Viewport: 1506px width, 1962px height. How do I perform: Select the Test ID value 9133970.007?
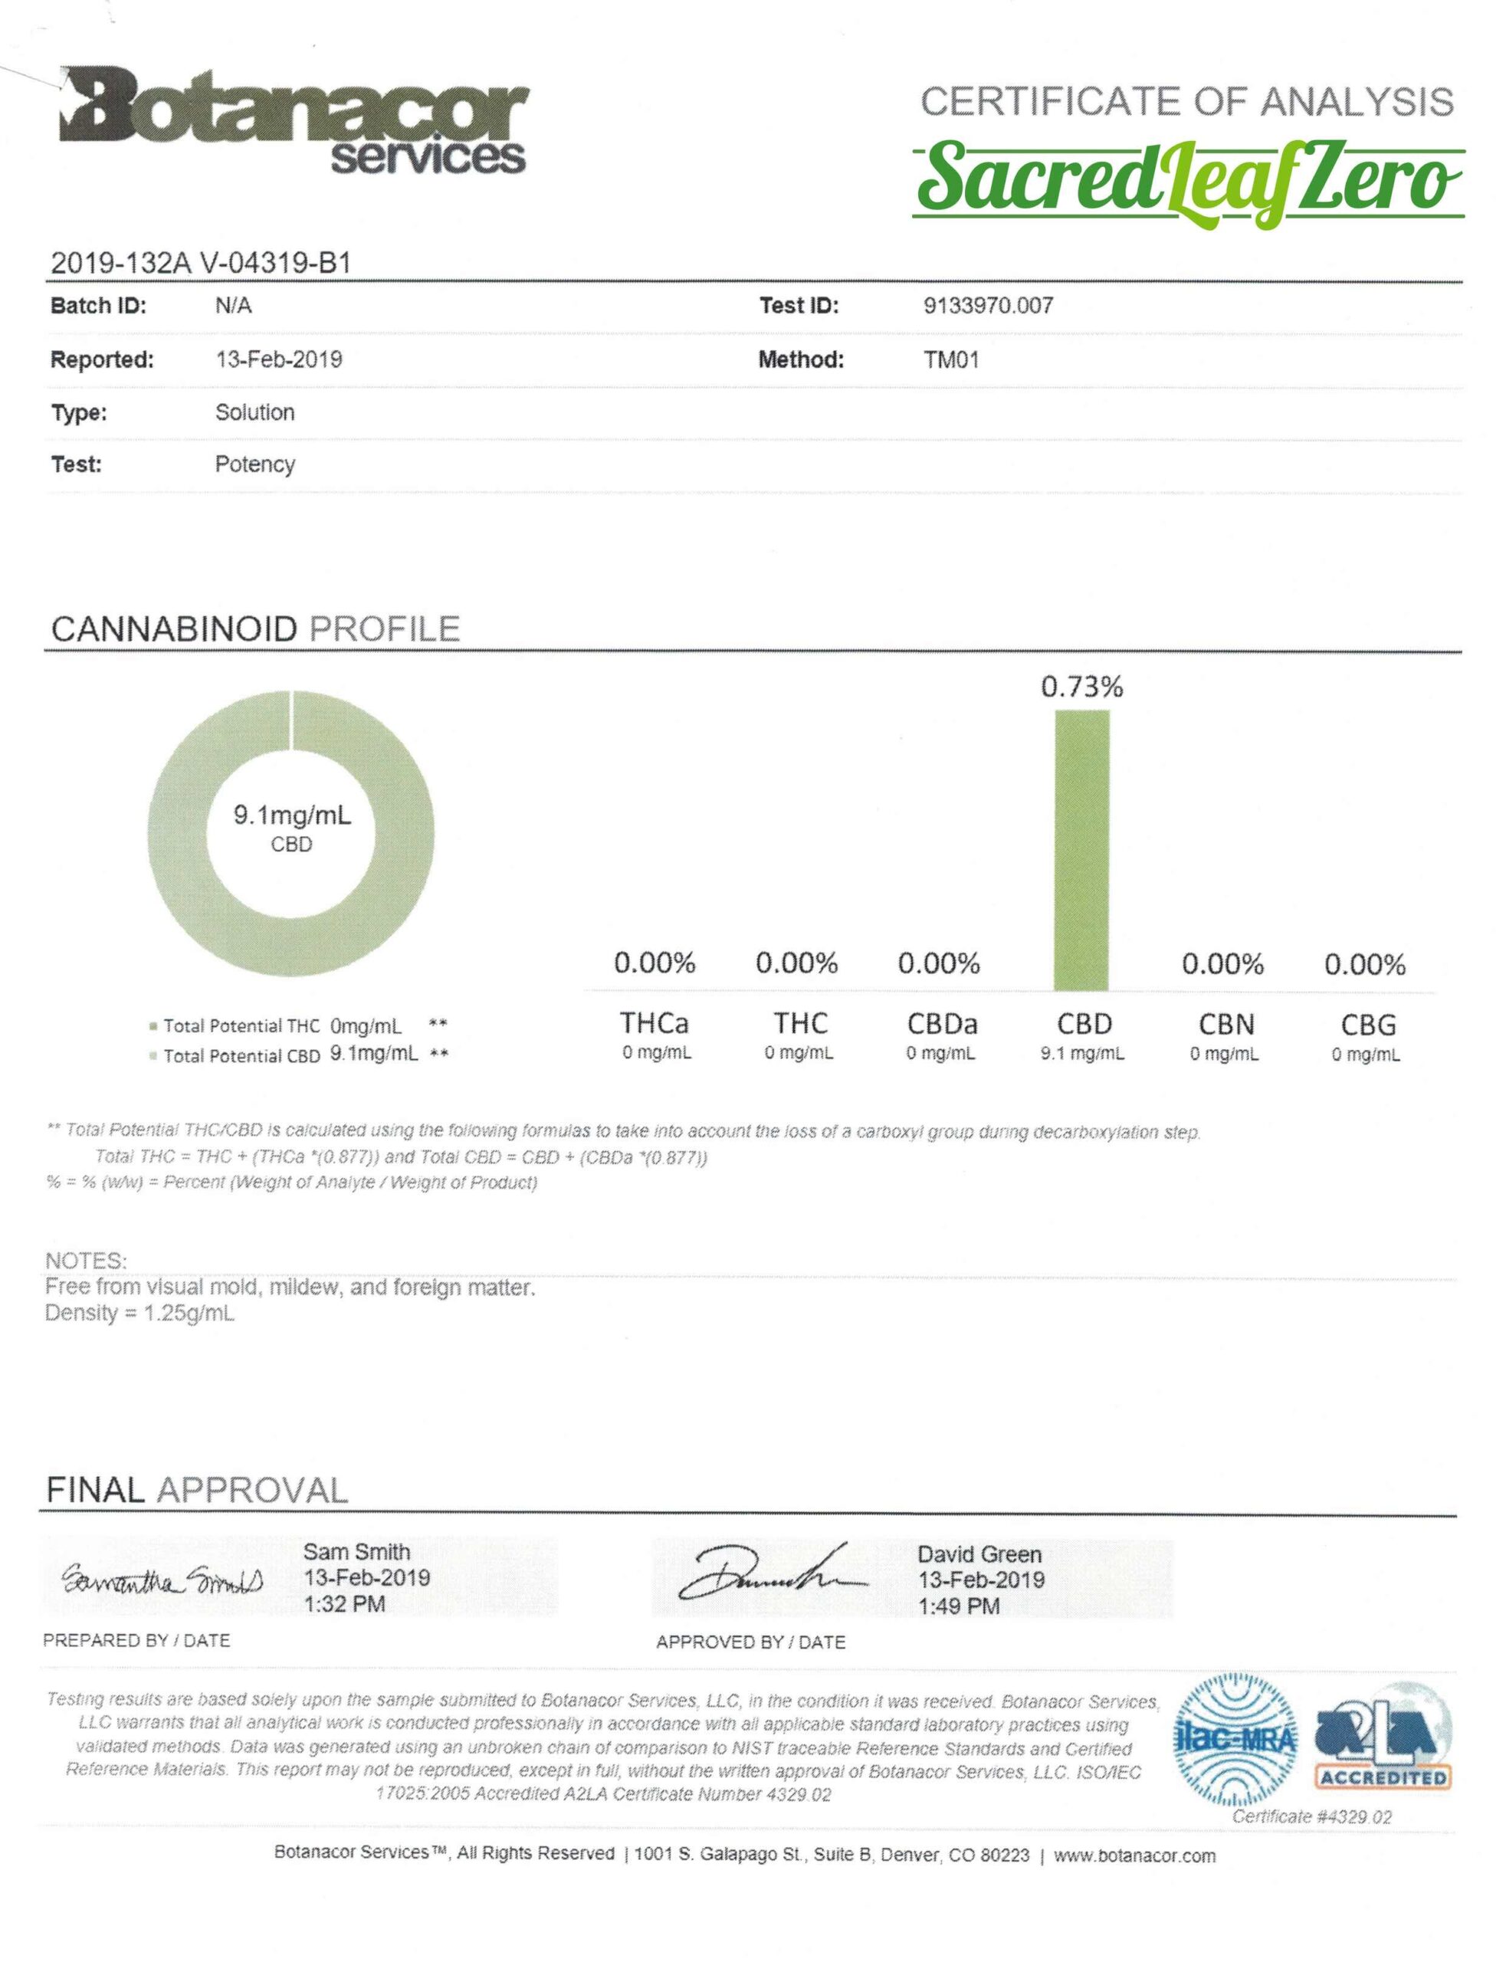tap(988, 306)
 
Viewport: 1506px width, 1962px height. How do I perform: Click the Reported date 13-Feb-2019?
tap(279, 359)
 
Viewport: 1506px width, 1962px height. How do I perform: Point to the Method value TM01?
tap(950, 360)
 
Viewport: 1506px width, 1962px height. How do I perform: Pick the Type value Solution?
tap(254, 412)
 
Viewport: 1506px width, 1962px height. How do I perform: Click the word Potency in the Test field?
tap(254, 464)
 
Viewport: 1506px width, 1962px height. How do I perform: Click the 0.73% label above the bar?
tap(1081, 687)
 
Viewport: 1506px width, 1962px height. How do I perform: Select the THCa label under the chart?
tap(655, 1024)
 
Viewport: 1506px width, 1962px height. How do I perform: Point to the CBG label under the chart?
tap(1367, 1025)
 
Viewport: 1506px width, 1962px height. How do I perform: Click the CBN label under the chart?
tap(1225, 1025)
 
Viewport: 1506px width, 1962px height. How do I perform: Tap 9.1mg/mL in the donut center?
tap(292, 815)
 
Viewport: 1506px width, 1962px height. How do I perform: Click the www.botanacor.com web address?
tap(1134, 1855)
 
